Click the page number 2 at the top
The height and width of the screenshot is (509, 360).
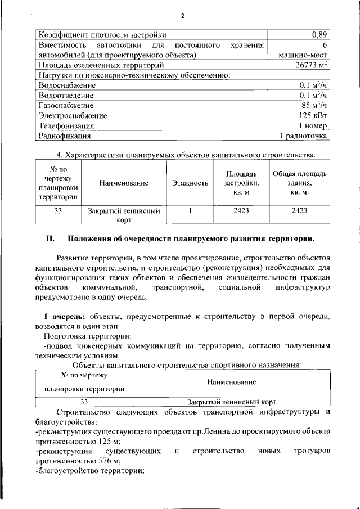pos(182,15)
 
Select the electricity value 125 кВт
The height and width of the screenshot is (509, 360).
pos(313,115)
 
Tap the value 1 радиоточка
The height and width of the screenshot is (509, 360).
pos(303,136)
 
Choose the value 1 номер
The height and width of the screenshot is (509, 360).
pos(313,125)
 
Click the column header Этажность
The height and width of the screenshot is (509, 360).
pos(190,183)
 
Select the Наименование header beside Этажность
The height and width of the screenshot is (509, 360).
pos(124,183)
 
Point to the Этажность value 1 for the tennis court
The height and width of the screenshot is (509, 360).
pos(191,211)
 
